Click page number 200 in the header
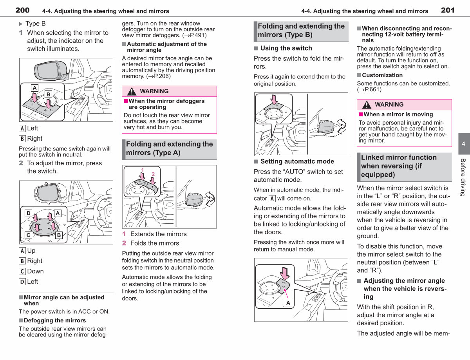pos(22,10)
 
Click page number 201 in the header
pos(448,10)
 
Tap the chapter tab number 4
pos(463,144)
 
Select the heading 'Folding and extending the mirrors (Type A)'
pos(169,148)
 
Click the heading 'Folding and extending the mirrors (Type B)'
pos(301,31)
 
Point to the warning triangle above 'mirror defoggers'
pos(132,91)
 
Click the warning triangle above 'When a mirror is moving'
pos(367,105)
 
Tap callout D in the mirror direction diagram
pos(29,213)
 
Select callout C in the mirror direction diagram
pos(28,235)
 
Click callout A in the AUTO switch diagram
pos(288,303)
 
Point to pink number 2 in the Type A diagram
pos(153,174)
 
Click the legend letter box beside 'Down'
pos(22,271)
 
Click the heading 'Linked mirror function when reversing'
pos(399,166)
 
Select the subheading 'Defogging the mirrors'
pos(55,320)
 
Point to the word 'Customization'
pos(382,75)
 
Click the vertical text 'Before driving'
pos(463,177)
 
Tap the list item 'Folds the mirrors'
pos(155,243)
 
